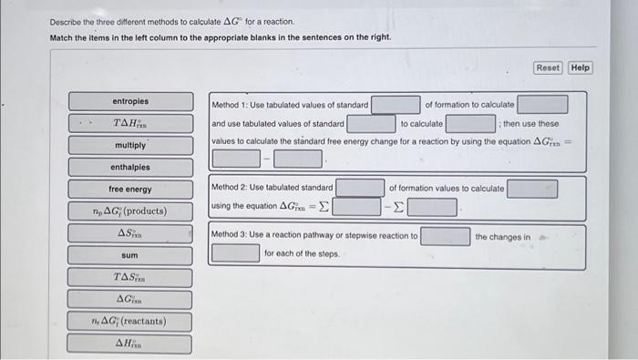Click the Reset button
click(548, 67)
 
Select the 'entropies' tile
click(130, 101)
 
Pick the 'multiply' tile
click(130, 146)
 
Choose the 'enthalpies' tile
click(130, 168)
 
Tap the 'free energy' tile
click(130, 190)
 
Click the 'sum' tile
click(130, 256)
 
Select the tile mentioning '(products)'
click(130, 211)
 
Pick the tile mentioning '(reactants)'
click(130, 322)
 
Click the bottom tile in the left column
click(130, 344)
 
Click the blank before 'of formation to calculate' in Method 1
click(396, 105)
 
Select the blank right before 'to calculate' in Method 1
click(371, 123)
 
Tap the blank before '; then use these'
click(470, 123)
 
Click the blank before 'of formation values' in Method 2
click(360, 188)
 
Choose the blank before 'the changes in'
click(446, 237)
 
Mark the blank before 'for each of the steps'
click(235, 253)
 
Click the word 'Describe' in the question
click(66, 21)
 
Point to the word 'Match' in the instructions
click(62, 36)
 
